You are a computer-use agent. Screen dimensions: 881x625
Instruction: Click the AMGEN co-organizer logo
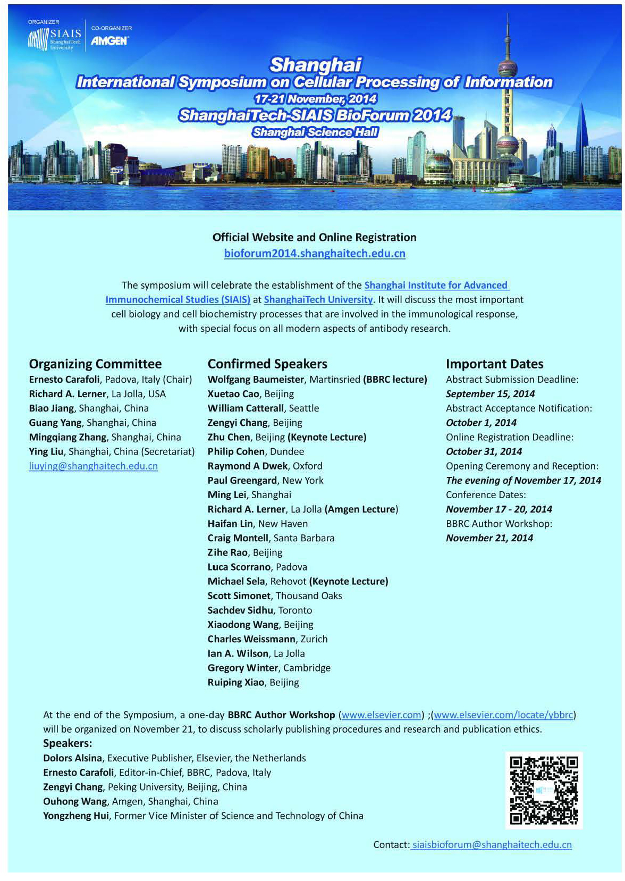click(109, 41)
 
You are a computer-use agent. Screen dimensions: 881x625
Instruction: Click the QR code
click(543, 790)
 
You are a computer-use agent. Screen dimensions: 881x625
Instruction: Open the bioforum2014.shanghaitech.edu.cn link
click(315, 254)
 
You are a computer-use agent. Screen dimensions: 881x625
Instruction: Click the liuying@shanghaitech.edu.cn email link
click(94, 466)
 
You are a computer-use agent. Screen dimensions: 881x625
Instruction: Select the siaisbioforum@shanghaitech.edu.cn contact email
click(492, 845)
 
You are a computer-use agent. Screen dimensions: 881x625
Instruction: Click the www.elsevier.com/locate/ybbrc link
click(504, 715)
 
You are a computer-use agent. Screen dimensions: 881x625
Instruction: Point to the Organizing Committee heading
click(95, 364)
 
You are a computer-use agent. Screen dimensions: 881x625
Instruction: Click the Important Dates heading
click(494, 364)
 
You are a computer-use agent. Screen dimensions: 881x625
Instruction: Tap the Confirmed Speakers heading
click(267, 364)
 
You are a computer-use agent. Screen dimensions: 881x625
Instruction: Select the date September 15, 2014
click(490, 394)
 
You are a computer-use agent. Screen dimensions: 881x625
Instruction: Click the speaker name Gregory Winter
click(243, 668)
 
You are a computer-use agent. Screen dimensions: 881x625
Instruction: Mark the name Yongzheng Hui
click(76, 816)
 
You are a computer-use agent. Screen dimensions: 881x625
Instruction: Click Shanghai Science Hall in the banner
click(316, 132)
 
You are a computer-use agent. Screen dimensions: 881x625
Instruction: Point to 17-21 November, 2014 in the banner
click(316, 99)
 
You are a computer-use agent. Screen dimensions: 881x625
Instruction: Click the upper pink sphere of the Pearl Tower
click(508, 68)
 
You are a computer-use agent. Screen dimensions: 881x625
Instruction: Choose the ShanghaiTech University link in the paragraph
click(318, 300)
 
